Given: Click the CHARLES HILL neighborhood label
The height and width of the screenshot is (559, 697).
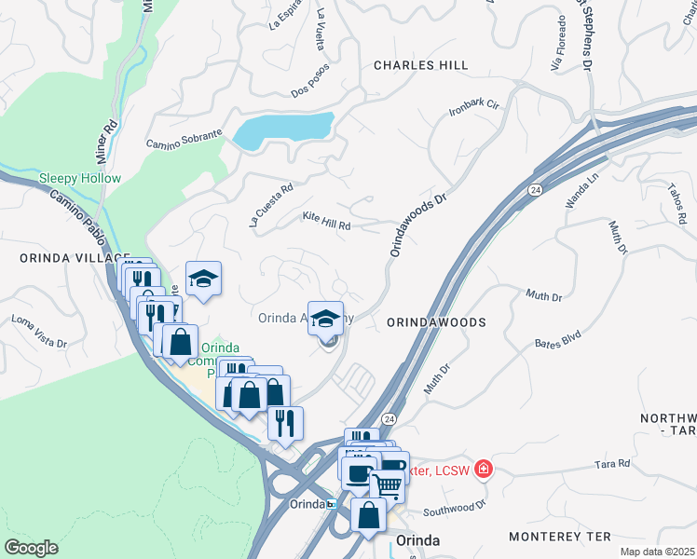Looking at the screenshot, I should point(420,65).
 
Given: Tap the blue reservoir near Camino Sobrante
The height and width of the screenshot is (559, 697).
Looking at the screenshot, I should point(283,130).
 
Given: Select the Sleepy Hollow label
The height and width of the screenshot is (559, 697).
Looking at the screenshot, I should point(80,178).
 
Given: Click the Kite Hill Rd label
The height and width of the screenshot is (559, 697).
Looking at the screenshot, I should point(326,221).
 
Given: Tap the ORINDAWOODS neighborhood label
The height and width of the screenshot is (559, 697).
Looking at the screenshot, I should point(436,321).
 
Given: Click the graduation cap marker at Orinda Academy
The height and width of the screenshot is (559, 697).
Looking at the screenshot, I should point(325,319).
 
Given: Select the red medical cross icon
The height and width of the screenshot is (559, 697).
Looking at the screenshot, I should point(483,468).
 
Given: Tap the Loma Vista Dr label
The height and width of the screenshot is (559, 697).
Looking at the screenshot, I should point(39,330).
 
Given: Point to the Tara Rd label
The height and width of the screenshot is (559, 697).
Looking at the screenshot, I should point(612,463).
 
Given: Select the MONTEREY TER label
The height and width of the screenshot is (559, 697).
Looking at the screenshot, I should point(559,537).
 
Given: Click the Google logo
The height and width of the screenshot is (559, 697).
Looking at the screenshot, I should point(31,548).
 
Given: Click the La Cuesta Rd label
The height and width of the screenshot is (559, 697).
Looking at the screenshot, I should point(271,204).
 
